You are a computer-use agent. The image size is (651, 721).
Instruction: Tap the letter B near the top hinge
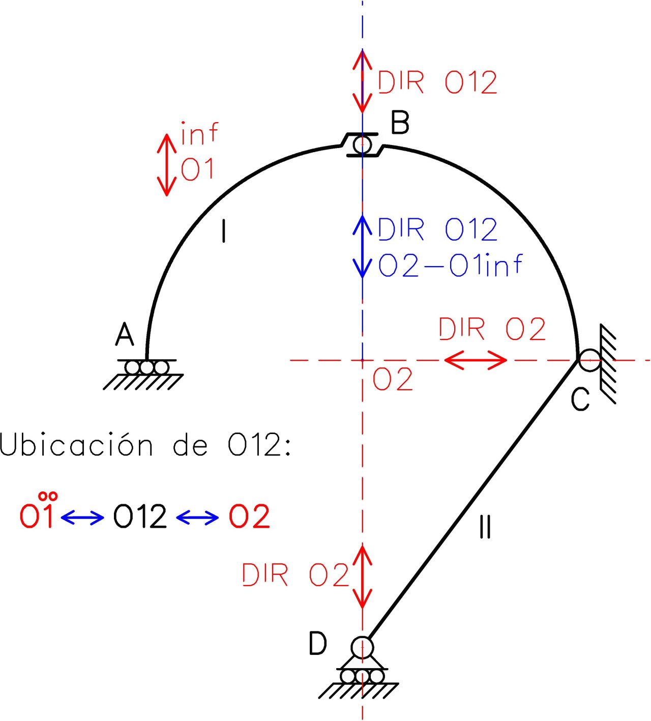pyautogui.click(x=400, y=123)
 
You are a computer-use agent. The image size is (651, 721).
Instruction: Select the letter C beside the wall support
pyautogui.click(x=580, y=399)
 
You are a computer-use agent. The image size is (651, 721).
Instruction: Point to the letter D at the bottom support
pyautogui.click(x=318, y=644)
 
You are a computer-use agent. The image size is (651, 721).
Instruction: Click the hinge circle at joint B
pyautogui.click(x=362, y=144)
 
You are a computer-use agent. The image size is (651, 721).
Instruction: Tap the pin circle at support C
pyautogui.click(x=589, y=360)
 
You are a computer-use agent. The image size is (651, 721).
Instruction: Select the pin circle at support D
pyautogui.click(x=362, y=647)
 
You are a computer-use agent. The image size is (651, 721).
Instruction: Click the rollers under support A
pyautogui.click(x=146, y=367)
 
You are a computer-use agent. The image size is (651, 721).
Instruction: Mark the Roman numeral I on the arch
pyautogui.click(x=224, y=231)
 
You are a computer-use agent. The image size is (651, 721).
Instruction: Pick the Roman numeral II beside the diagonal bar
pyautogui.click(x=485, y=527)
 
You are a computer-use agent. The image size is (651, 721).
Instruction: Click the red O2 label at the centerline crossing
pyautogui.click(x=393, y=380)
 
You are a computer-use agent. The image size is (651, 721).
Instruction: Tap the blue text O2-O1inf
pyautogui.click(x=451, y=266)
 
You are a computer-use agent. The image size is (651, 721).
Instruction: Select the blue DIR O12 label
pyautogui.click(x=437, y=229)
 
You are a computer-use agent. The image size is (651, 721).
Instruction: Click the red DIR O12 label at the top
pyautogui.click(x=437, y=82)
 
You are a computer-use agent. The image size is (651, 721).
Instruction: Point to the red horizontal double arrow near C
pyautogui.click(x=476, y=360)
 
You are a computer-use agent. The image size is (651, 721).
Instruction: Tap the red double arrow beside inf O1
pyautogui.click(x=166, y=164)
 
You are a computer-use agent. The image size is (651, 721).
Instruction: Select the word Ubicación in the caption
pyautogui.click(x=76, y=445)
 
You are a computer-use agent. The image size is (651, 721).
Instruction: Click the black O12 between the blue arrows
pyautogui.click(x=140, y=517)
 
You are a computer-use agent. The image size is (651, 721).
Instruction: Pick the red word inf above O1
pyautogui.click(x=199, y=133)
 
